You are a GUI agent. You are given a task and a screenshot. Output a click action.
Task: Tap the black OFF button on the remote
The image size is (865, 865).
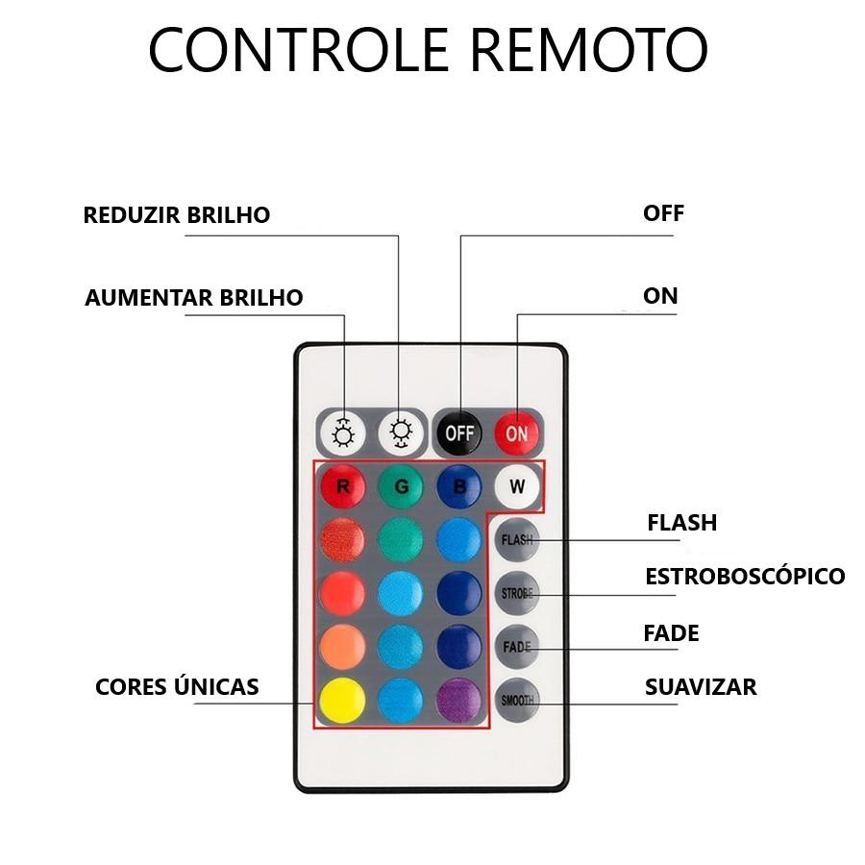click(x=459, y=433)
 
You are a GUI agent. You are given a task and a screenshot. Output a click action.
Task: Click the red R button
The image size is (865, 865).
click(x=342, y=486)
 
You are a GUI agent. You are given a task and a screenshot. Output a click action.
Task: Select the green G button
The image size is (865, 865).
click(x=401, y=486)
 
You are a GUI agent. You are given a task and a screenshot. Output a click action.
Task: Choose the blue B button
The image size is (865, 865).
click(x=459, y=486)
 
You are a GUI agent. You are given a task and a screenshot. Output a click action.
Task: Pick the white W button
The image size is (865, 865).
click(x=517, y=486)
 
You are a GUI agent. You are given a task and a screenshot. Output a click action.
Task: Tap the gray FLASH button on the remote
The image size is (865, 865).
click(x=517, y=539)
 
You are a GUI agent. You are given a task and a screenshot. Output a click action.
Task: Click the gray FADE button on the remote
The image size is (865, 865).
click(x=517, y=647)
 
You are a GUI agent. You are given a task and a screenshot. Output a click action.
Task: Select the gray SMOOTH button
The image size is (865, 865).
click(x=517, y=700)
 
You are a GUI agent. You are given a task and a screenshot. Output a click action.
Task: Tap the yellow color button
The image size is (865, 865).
click(x=342, y=700)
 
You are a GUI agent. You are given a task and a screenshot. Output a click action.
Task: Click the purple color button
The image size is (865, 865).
click(x=459, y=700)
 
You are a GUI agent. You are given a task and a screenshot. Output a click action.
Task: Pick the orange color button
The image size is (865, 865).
click(x=342, y=647)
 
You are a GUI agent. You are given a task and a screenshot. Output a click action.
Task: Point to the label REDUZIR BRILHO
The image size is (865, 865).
click(x=177, y=215)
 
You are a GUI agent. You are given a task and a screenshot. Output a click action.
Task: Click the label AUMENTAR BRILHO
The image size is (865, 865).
click(x=193, y=298)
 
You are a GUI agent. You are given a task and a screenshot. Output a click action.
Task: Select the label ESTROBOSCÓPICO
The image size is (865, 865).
click(x=745, y=576)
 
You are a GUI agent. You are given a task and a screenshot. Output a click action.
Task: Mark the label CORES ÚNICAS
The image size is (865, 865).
click(x=177, y=686)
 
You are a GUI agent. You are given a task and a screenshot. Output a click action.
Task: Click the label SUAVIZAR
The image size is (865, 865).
click(x=701, y=687)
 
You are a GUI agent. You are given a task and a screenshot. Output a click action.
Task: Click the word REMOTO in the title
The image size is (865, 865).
click(x=588, y=49)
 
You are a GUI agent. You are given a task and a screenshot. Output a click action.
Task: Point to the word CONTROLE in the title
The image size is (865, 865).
click(x=299, y=49)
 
